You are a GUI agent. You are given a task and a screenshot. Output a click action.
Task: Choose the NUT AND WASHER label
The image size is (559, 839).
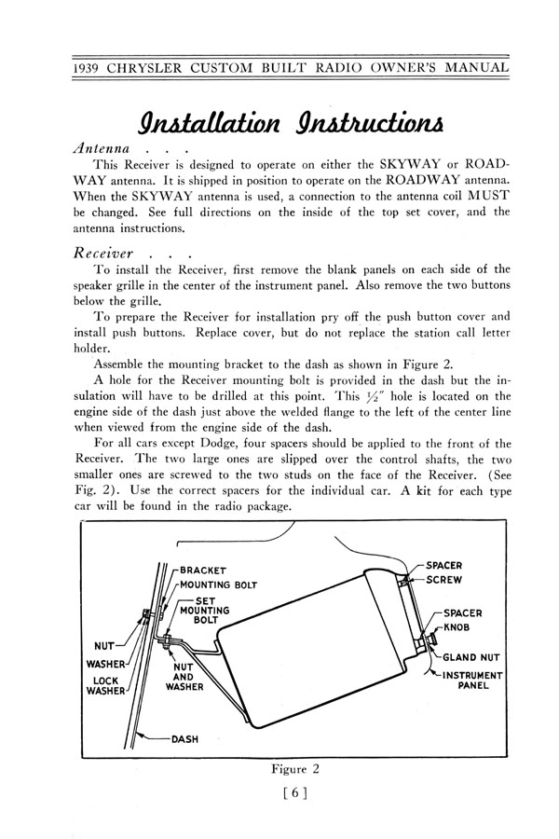184,678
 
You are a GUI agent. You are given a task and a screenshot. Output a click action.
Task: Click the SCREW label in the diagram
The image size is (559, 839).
446,579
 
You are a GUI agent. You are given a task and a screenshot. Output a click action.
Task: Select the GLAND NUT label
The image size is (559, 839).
471,657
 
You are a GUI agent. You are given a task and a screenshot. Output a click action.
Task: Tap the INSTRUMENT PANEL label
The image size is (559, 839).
473,681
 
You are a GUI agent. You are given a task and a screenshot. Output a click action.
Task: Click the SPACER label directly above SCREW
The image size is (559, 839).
444,565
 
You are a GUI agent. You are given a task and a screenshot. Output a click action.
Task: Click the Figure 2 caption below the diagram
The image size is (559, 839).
294,769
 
